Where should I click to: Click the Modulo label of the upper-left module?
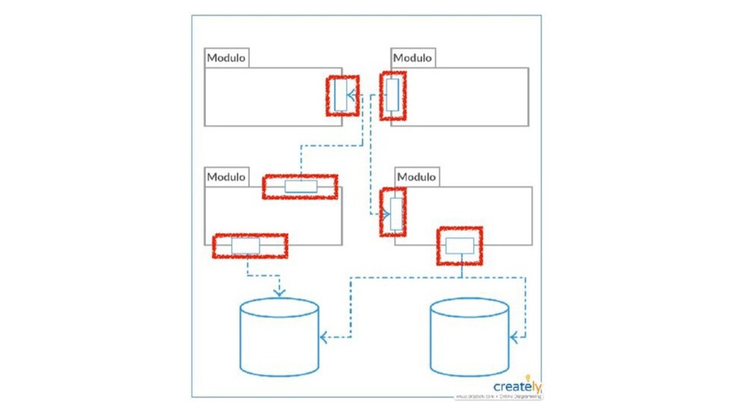[226, 57]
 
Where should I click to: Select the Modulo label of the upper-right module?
[413, 57]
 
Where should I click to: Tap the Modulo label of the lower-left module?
[226, 177]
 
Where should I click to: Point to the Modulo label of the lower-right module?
[416, 177]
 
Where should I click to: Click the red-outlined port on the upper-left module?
[341, 95]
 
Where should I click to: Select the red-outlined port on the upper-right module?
[392, 95]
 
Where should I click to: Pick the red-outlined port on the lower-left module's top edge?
[300, 187]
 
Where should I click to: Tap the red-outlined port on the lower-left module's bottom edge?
[246, 246]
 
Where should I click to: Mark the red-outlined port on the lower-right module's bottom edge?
[459, 246]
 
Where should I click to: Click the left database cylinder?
[279, 338]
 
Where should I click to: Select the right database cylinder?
[469, 338]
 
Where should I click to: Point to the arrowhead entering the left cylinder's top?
[279, 292]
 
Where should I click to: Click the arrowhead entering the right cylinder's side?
[514, 336]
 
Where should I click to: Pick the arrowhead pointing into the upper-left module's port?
[351, 95]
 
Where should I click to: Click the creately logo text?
[516, 387]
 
